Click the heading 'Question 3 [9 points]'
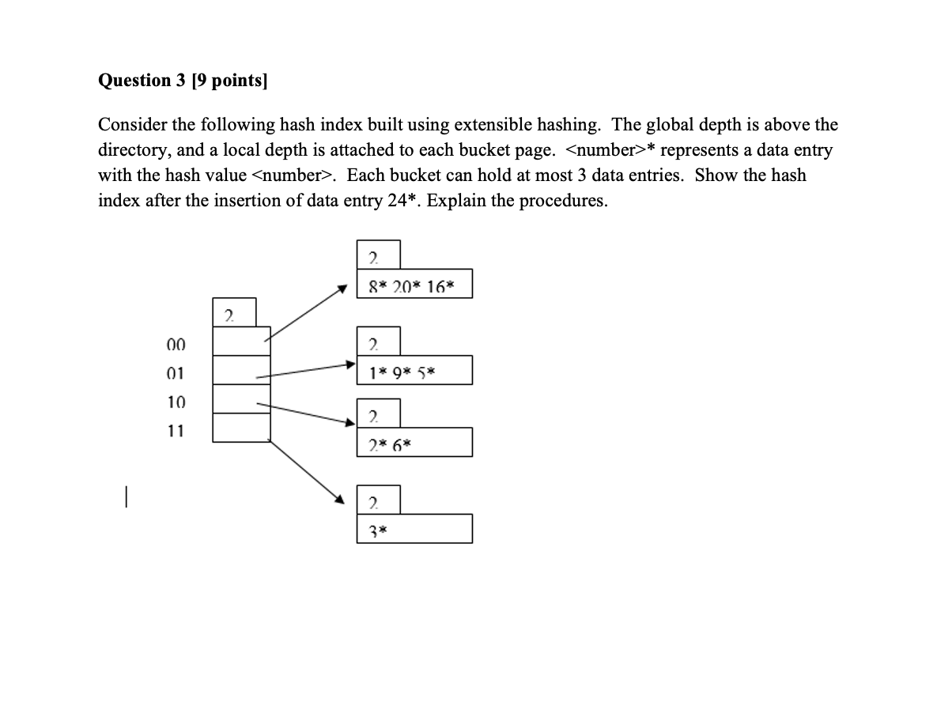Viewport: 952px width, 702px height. (x=183, y=81)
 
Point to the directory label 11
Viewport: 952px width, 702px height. (x=176, y=431)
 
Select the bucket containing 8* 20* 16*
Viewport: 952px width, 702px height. (x=414, y=285)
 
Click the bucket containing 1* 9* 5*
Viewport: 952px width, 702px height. (x=414, y=370)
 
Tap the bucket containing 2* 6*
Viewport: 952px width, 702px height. (x=414, y=443)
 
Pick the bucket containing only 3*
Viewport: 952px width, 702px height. (x=414, y=529)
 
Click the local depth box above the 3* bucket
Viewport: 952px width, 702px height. (x=378, y=500)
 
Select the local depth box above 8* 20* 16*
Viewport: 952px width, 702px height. (x=378, y=255)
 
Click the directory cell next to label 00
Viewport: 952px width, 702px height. (x=242, y=341)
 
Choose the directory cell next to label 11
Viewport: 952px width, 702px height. (x=242, y=428)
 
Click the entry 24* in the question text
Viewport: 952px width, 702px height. (x=376, y=201)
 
